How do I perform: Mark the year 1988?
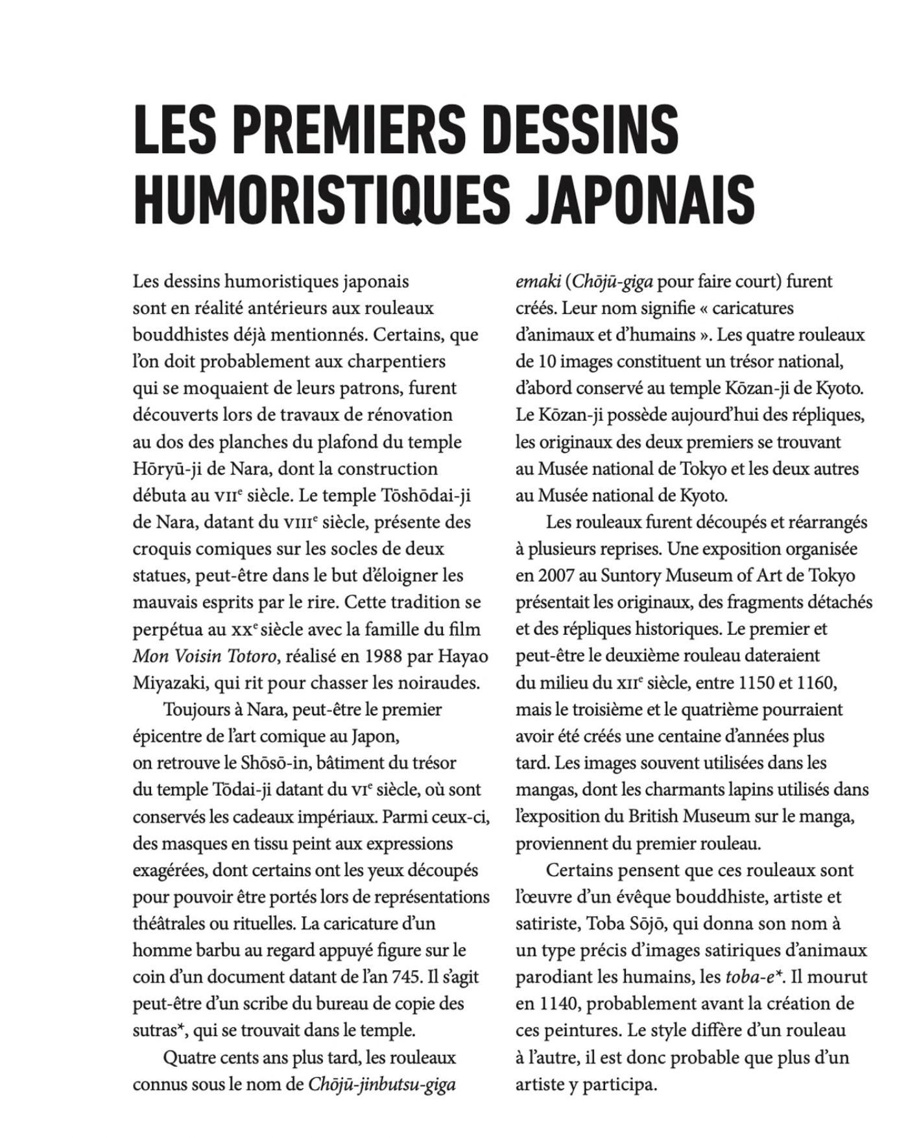(388, 656)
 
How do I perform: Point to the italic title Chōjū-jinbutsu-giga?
(381, 1084)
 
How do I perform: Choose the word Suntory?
(630, 576)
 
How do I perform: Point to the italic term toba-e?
(749, 977)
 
